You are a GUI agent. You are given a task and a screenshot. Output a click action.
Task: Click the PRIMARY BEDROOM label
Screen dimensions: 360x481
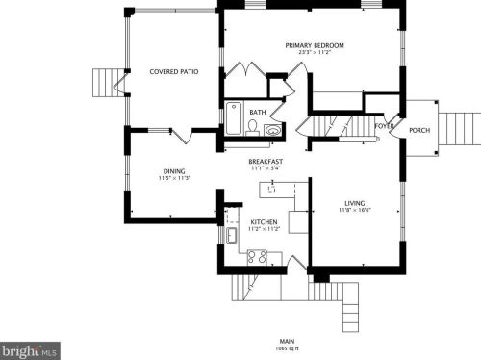pos(315,45)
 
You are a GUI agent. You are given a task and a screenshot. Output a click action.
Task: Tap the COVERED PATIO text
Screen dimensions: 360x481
pos(173,71)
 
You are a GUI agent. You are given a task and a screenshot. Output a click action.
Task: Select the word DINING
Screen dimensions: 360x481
pos(173,170)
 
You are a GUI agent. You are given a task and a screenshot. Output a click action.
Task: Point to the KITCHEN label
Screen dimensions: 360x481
pos(264,221)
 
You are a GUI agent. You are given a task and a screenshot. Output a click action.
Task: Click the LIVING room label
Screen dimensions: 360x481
pos(354,203)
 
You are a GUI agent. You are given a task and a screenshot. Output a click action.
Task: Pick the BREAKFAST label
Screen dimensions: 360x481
pos(265,161)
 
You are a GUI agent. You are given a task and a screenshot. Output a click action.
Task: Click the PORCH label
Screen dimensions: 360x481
pos(419,130)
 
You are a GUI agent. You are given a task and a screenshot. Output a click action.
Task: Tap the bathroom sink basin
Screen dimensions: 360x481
pos(273,129)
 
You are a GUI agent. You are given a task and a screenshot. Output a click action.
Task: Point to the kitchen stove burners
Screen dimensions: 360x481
pos(258,256)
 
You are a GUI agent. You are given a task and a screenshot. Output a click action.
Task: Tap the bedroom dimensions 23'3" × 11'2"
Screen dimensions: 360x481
pos(315,54)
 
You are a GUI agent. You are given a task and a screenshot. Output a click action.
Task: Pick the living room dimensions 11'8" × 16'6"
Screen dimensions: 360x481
pos(354,211)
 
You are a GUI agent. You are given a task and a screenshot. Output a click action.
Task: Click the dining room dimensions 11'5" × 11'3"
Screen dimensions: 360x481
pos(174,178)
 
